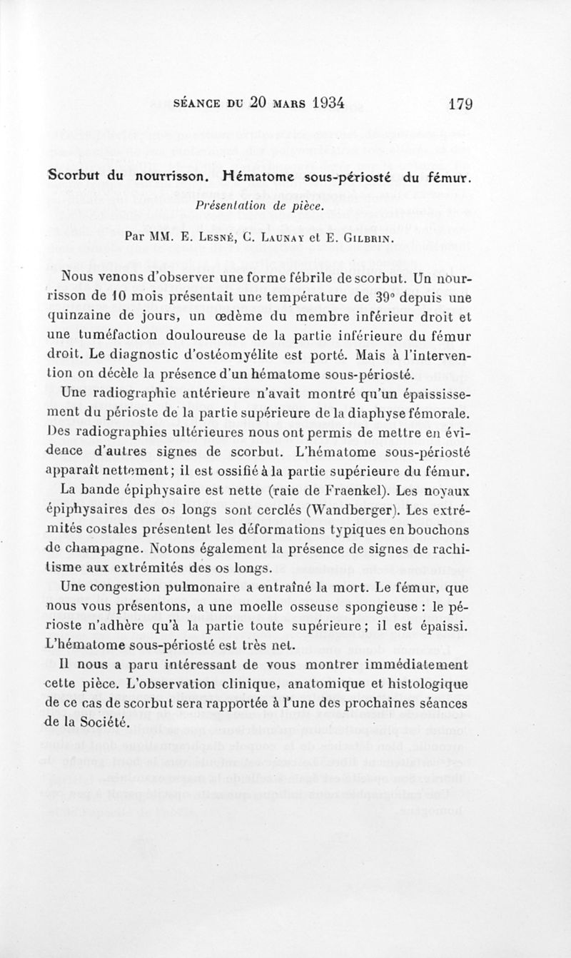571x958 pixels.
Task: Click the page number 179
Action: [461, 103]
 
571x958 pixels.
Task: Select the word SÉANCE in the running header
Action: [198, 104]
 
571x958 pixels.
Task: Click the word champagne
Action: [98, 549]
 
